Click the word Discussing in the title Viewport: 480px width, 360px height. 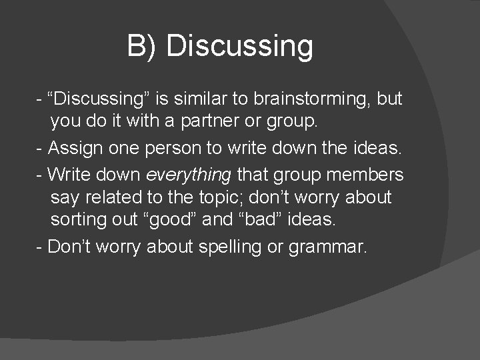pos(239,47)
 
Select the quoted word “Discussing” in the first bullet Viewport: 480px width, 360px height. pos(100,99)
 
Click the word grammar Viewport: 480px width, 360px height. pos(327,247)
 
